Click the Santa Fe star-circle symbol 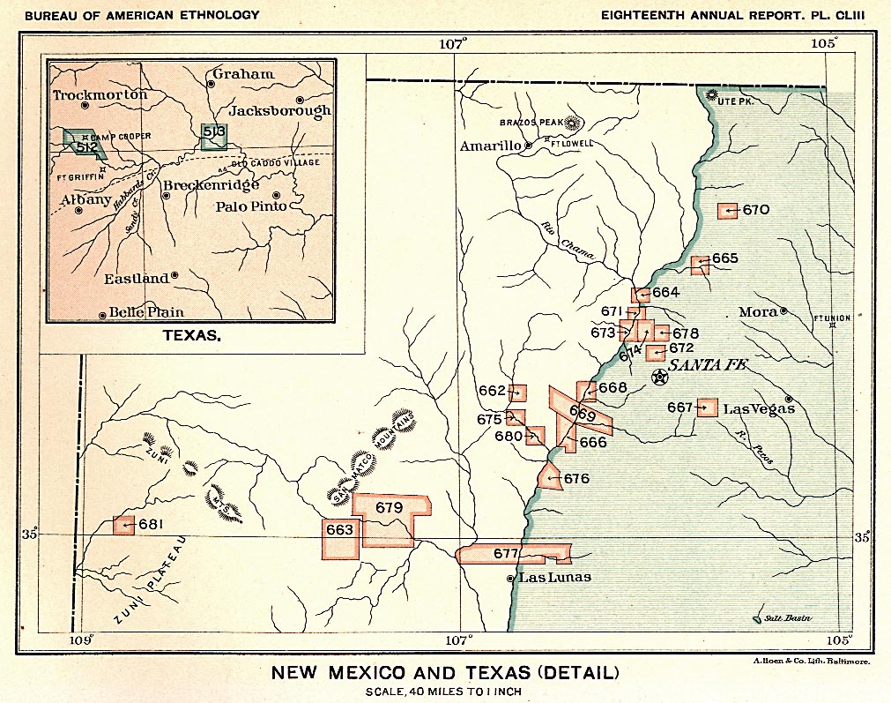[660, 378]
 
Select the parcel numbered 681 [123, 525]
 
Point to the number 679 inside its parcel [389, 507]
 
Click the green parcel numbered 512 [84, 145]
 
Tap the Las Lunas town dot [510, 579]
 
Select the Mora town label [758, 312]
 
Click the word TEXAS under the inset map [192, 336]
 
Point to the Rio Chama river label [566, 239]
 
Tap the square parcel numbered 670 [727, 211]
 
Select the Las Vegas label [759, 408]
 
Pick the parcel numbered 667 [706, 408]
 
